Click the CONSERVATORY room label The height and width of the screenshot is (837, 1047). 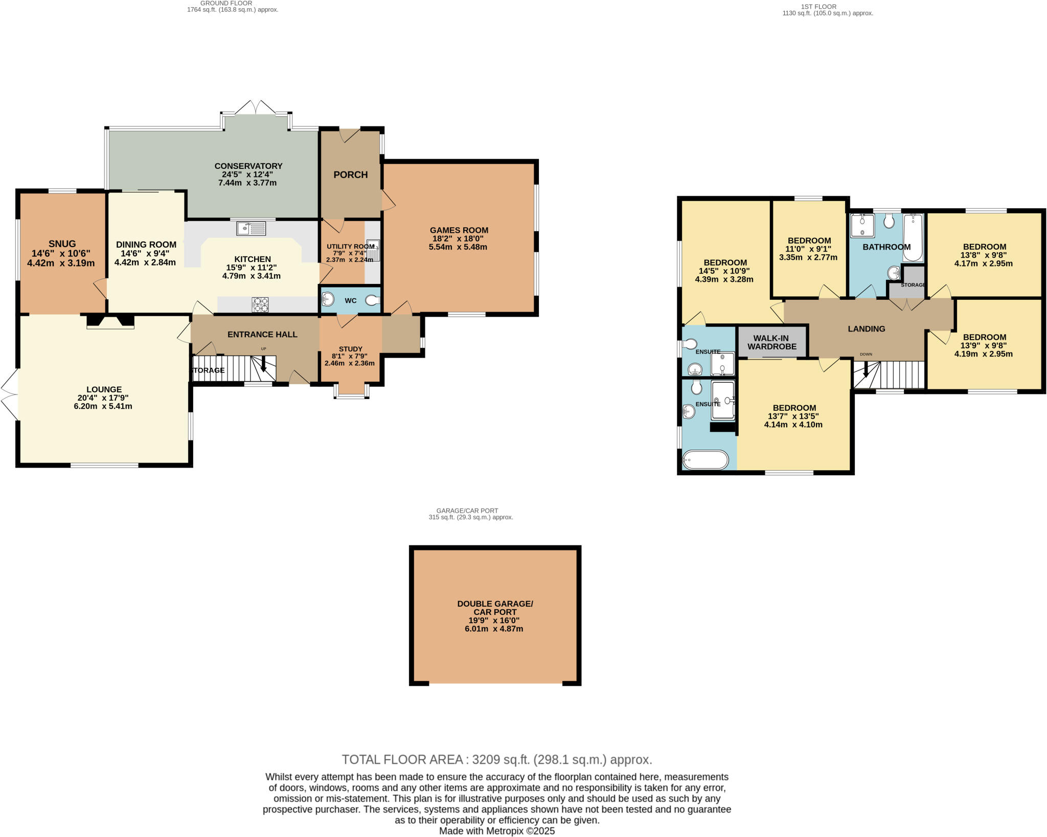(248, 166)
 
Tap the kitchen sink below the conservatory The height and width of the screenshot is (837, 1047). (251, 228)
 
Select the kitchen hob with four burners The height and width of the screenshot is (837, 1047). (260, 305)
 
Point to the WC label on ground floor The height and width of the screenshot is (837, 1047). (350, 300)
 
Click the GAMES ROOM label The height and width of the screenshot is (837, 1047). (459, 230)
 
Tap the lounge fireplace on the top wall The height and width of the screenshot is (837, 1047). (110, 322)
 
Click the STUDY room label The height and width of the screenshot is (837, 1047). (350, 349)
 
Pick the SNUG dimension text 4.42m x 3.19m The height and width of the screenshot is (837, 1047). (61, 263)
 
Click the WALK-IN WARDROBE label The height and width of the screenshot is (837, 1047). (772, 342)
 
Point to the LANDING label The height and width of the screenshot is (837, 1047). (866, 328)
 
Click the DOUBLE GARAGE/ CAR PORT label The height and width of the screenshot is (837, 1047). (495, 608)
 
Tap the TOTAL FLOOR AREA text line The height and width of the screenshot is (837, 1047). (496, 759)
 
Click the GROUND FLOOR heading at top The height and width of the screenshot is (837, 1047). (226, 3)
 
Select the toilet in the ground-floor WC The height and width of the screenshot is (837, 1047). (373, 300)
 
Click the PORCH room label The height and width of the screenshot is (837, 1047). (350, 174)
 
